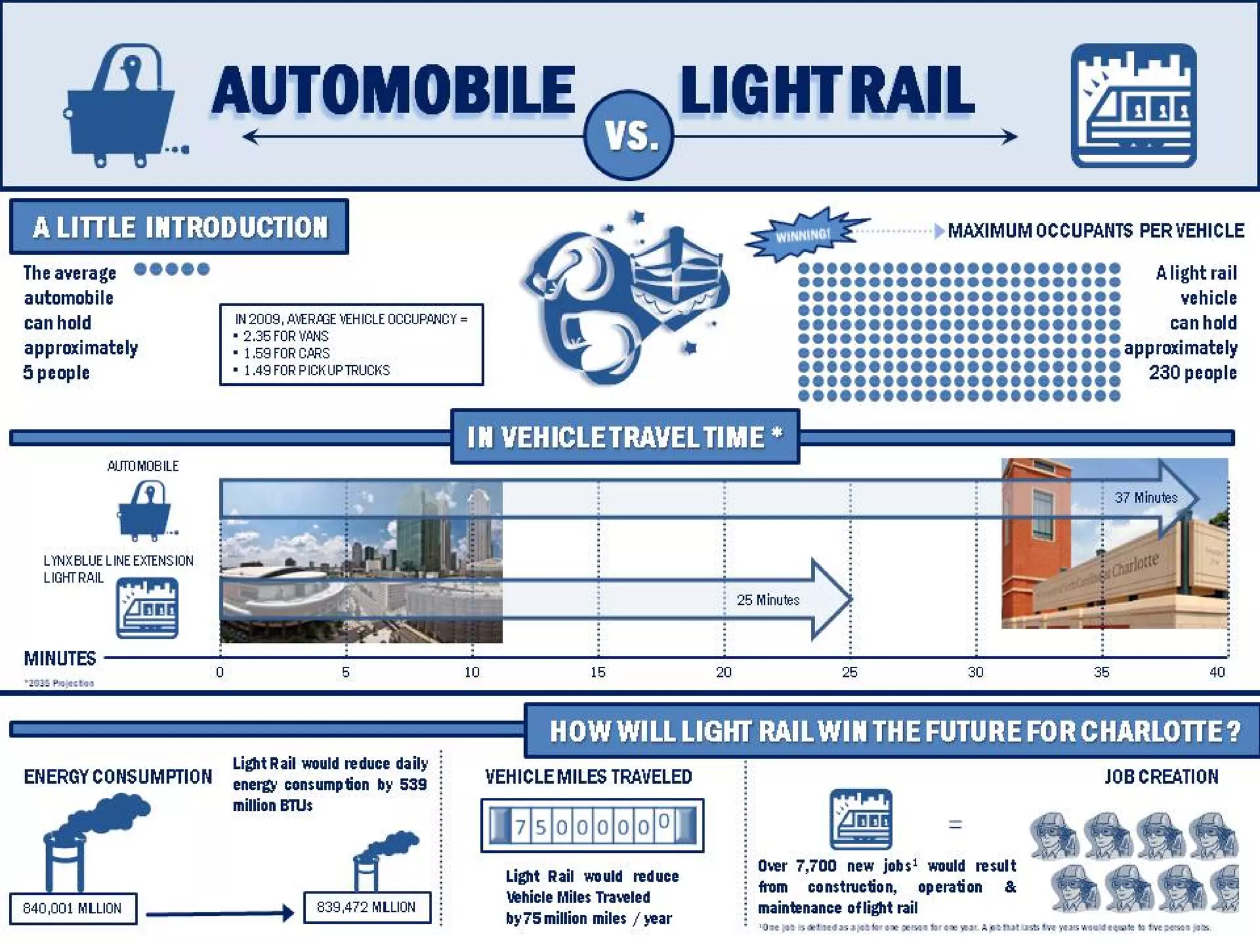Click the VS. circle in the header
point(628,135)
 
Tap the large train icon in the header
point(1133,105)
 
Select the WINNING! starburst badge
point(803,234)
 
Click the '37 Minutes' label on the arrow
point(1146,498)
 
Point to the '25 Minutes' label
point(768,600)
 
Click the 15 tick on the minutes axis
point(598,672)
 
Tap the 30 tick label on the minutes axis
point(976,672)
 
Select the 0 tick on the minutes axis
point(220,672)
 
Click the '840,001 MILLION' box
point(73,908)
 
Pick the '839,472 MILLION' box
point(367,907)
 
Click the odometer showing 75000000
point(592,826)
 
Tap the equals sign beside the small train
point(955,824)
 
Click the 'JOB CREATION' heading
point(1161,776)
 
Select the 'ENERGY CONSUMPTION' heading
point(118,776)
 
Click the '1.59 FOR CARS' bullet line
point(286,353)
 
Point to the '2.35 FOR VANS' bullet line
point(285,336)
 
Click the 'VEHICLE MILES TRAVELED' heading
point(588,776)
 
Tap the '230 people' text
point(1192,372)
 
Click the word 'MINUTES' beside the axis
point(60,658)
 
